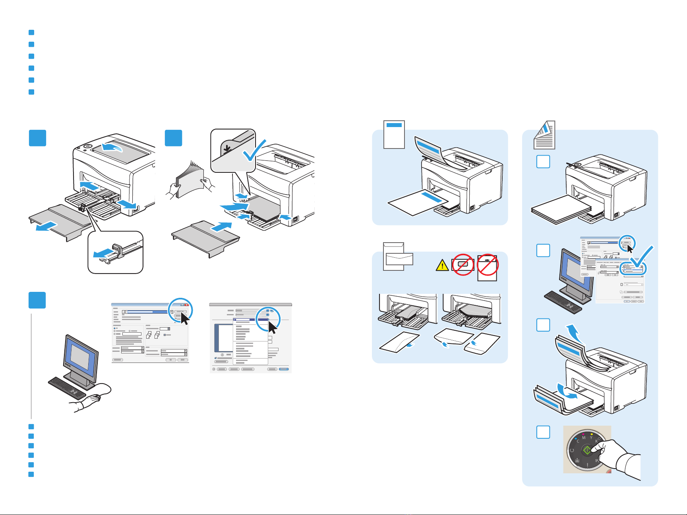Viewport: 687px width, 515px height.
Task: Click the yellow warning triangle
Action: click(442, 265)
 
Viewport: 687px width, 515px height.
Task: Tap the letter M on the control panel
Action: click(584, 438)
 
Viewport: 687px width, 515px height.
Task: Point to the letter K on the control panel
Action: click(596, 442)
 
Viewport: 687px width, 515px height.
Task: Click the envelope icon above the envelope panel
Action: click(394, 257)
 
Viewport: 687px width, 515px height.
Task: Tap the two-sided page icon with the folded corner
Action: click(544, 135)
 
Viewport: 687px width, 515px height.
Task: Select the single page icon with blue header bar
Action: click(394, 135)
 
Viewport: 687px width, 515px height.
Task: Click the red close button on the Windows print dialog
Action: click(186, 305)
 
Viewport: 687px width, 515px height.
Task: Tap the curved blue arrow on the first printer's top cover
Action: click(112, 149)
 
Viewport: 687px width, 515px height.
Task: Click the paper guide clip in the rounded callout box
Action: click(115, 253)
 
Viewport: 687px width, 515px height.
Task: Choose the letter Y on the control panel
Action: click(591, 438)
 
